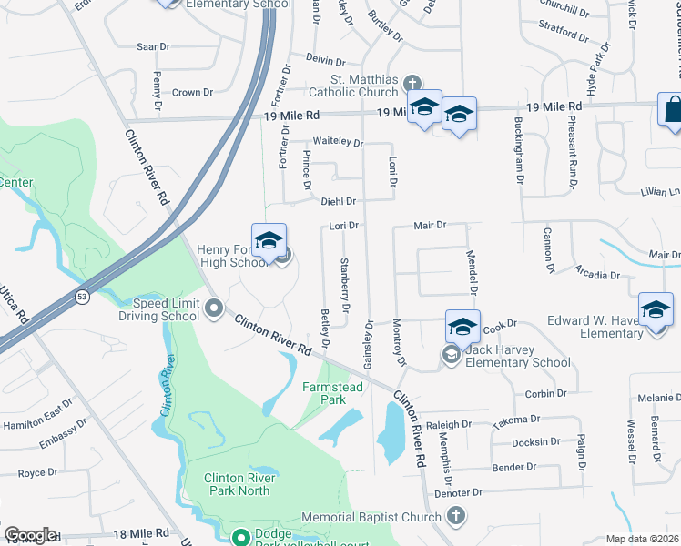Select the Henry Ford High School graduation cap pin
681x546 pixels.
(269, 241)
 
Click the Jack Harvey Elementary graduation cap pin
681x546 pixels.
(462, 327)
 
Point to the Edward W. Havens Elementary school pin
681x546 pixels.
(656, 310)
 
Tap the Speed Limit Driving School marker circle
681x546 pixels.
(214, 309)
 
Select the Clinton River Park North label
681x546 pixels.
(237, 483)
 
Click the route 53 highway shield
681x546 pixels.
(83, 297)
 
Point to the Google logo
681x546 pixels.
(29, 535)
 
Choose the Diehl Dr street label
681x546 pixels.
(336, 201)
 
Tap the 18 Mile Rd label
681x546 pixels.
(142, 532)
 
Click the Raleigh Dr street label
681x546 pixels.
(448, 424)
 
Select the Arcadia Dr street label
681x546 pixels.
(597, 273)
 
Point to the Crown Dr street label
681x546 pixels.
(192, 92)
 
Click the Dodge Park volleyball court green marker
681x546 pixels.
(240, 536)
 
